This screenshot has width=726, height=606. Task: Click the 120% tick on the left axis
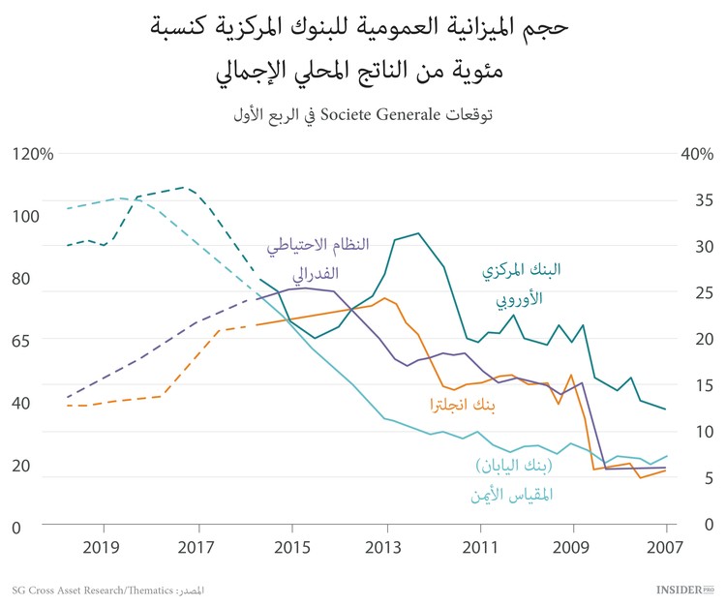click(33, 154)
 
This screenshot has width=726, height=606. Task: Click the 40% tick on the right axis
click(697, 154)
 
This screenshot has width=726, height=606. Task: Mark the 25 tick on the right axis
click(704, 293)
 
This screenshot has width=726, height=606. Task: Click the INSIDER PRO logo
click(685, 589)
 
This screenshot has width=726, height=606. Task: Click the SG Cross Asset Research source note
click(106, 590)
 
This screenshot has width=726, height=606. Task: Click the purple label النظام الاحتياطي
click(318, 245)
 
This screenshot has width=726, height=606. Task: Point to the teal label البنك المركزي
click(523, 271)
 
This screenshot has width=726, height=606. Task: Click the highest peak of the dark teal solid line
click(418, 233)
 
